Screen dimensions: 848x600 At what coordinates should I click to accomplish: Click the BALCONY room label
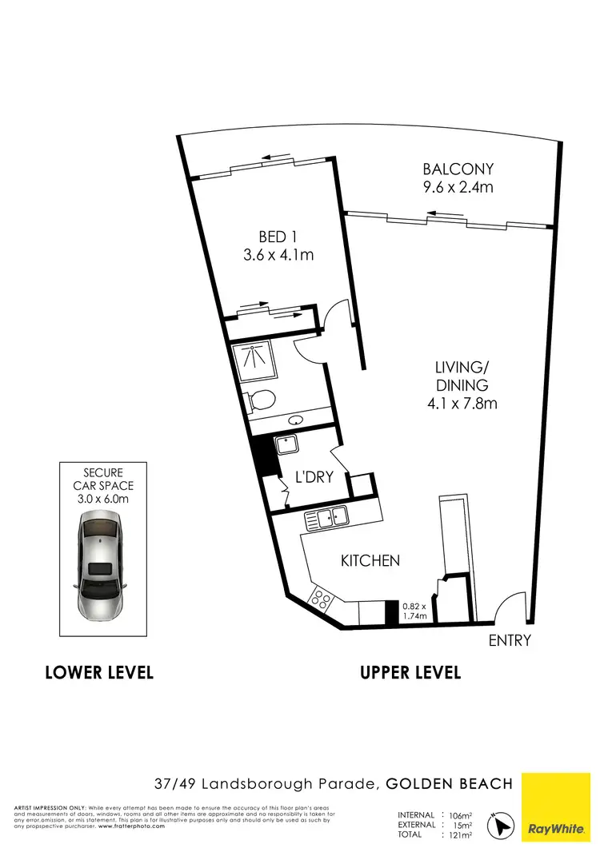(458, 169)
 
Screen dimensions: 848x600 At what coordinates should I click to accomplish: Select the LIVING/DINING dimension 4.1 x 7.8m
(462, 404)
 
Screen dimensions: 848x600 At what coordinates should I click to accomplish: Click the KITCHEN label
(370, 561)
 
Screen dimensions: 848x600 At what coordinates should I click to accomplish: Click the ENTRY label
(510, 640)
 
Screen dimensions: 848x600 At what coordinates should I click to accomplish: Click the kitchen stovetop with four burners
(322, 597)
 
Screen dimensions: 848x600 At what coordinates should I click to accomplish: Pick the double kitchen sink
(326, 517)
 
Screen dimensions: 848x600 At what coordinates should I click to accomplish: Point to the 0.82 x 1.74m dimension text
(414, 611)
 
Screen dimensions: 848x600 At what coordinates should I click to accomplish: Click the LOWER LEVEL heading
(99, 672)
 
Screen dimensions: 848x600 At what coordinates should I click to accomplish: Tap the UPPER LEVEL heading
(410, 672)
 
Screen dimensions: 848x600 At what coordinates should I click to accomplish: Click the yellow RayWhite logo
(559, 807)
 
